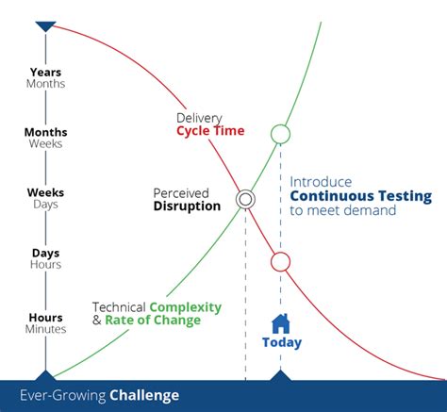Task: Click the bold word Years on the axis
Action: point(46,71)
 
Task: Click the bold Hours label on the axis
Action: point(46,317)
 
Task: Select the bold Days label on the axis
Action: point(46,254)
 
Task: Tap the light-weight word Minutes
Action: point(46,329)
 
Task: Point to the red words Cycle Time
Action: point(210,130)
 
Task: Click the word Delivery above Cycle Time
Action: point(200,117)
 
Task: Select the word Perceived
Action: point(181,192)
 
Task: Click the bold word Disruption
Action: point(188,206)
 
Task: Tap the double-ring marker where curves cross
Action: point(245,199)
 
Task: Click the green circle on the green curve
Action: point(280,133)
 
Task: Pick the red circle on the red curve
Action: point(280,261)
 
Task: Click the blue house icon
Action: point(280,322)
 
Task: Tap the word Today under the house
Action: point(281,342)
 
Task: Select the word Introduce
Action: point(321,182)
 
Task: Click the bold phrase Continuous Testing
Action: point(360,196)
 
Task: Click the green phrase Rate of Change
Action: point(153,321)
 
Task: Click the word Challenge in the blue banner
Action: point(143,395)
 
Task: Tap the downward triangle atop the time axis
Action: point(45,27)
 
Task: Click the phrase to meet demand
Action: point(342,210)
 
